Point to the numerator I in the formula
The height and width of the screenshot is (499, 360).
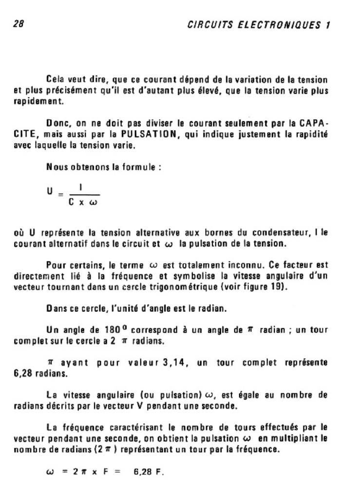(80, 187)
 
